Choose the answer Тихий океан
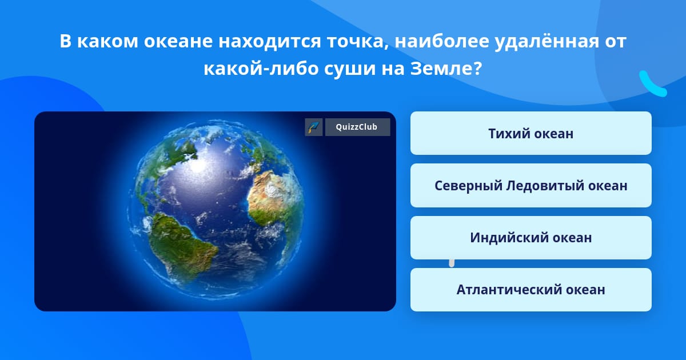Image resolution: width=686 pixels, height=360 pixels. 531,133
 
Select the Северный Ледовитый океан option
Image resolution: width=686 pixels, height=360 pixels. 531,185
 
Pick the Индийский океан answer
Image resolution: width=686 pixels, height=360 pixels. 531,238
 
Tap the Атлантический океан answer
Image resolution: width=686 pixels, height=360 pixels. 531,290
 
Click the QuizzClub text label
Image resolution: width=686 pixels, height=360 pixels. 357,127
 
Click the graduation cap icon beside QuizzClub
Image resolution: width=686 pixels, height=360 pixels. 314,127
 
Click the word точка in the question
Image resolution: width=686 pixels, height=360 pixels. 357,42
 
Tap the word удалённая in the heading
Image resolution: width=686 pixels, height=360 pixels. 547,41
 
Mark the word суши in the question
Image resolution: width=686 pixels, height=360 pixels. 350,69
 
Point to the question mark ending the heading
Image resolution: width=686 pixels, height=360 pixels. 478,68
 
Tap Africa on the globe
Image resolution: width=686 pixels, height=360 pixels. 273,199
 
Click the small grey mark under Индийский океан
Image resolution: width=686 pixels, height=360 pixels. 452,263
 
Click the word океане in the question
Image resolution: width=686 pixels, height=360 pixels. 178,42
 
